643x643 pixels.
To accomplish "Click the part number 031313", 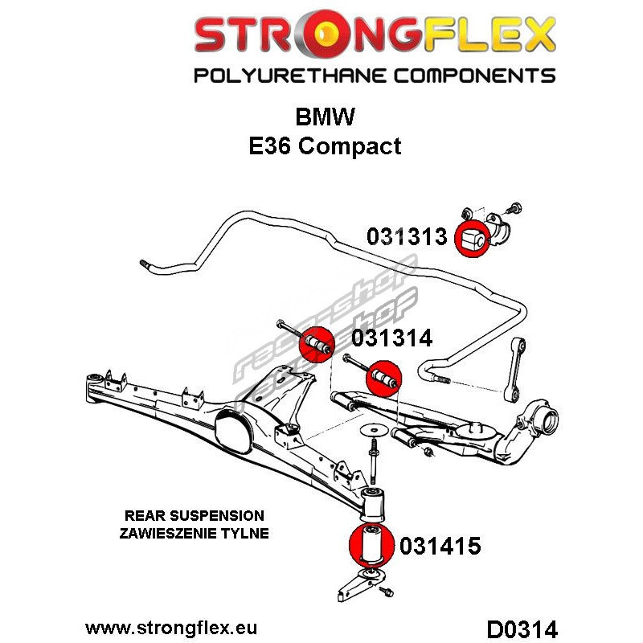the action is (x=407, y=236).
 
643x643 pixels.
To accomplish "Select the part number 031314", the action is (x=392, y=338).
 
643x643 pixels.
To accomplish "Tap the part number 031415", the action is (x=440, y=546).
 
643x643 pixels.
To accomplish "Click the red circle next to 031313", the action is (x=473, y=239).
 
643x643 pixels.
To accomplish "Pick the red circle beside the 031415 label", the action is (x=371, y=545).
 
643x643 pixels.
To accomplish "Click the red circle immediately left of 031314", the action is (x=316, y=345).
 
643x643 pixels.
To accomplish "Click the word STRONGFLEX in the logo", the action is (x=375, y=34).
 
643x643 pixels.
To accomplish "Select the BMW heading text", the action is (x=325, y=117).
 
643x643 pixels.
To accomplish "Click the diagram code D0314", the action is (x=522, y=629).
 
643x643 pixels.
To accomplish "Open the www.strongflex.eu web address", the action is (x=171, y=628).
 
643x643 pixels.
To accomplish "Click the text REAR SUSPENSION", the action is (x=195, y=515).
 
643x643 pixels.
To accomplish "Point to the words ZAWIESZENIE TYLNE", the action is (x=195, y=533).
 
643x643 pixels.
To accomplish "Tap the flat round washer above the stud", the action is (x=374, y=430).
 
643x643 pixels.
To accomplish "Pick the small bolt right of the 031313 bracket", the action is (x=514, y=209).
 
